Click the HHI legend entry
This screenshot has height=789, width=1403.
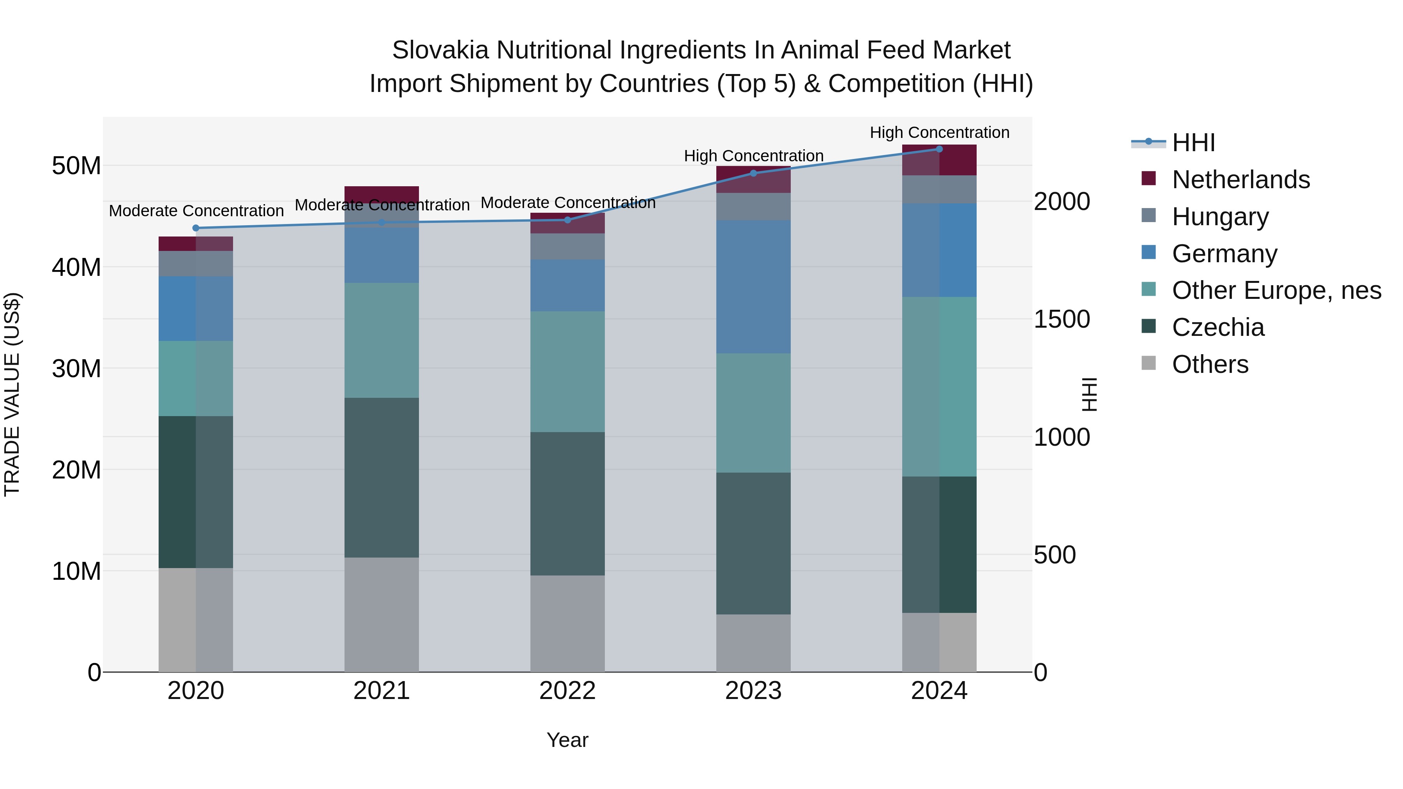tap(1193, 143)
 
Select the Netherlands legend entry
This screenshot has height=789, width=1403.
tap(1240, 180)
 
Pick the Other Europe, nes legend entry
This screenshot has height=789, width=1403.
tap(1276, 290)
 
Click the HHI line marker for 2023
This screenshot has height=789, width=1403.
tap(753, 173)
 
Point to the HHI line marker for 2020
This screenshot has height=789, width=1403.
tap(196, 228)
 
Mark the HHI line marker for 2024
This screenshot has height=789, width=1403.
tap(939, 149)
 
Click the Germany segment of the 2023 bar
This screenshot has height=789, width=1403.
tap(753, 286)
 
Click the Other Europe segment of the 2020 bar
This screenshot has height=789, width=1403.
tap(196, 378)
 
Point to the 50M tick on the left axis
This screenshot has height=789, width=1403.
tap(76, 166)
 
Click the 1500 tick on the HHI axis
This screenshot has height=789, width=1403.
tap(1062, 319)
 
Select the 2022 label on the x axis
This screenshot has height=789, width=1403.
tap(567, 691)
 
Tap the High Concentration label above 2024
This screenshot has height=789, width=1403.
tap(939, 132)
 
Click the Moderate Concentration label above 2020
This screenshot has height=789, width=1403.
tap(196, 211)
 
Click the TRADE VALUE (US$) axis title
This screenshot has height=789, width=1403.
tap(12, 394)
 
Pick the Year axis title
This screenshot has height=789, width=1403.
tap(567, 740)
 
